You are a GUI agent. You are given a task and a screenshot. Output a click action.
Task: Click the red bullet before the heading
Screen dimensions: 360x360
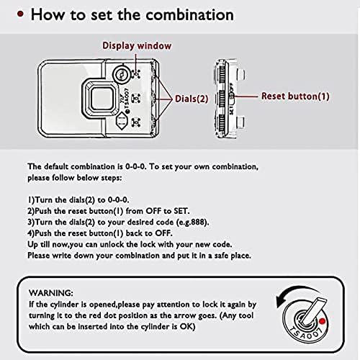pyautogui.click(x=20, y=14)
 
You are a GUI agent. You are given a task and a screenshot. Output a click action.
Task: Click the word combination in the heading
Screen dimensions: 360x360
pyautogui.click(x=190, y=14)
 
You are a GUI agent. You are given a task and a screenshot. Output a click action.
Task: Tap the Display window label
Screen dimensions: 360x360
pyautogui.click(x=137, y=45)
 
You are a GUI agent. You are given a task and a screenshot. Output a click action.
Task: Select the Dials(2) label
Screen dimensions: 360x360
pyautogui.click(x=192, y=99)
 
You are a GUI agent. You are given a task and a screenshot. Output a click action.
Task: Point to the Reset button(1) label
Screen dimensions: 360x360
pyautogui.click(x=295, y=96)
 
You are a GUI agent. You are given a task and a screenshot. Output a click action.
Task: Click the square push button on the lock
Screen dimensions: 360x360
pyautogui.click(x=100, y=98)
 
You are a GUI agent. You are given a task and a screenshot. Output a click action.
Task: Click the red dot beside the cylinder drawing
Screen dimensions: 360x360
pyautogui.click(x=323, y=321)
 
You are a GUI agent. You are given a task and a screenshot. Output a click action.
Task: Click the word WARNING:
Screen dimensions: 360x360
pyautogui.click(x=51, y=293)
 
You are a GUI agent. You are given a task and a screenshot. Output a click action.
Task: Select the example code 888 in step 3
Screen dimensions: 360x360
pyautogui.click(x=197, y=222)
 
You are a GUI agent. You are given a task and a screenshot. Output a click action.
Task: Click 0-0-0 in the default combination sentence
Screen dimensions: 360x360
pyautogui.click(x=135, y=166)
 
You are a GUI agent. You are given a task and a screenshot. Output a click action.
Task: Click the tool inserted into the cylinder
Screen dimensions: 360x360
pyautogui.click(x=314, y=310)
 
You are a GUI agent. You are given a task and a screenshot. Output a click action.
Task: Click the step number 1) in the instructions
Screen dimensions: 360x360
pyautogui.click(x=31, y=200)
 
